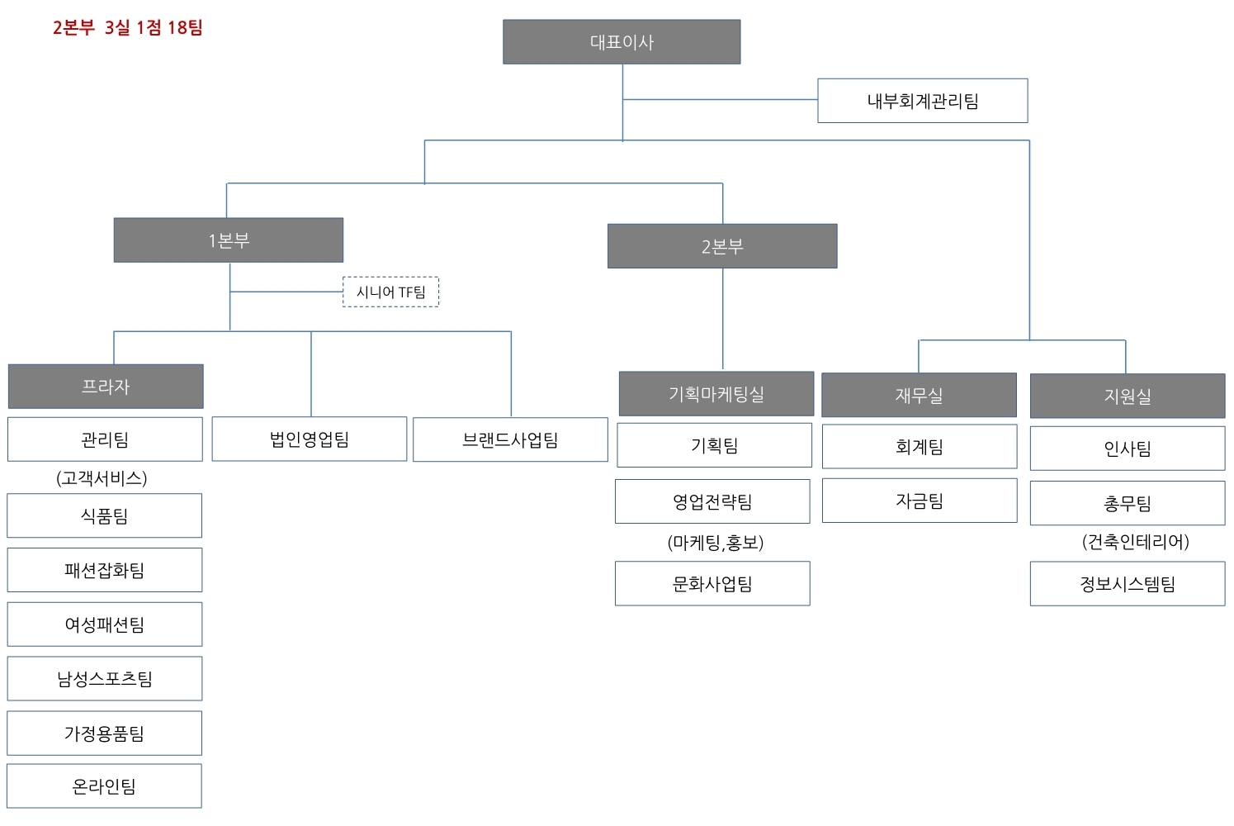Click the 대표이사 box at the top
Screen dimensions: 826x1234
tap(622, 42)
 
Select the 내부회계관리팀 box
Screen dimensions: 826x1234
tap(922, 101)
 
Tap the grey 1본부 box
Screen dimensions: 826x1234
tap(229, 240)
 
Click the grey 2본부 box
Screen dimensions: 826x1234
tap(722, 246)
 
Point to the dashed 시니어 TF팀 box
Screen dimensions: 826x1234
tap(390, 292)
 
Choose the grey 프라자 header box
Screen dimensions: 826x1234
tap(106, 387)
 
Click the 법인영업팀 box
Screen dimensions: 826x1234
tap(310, 439)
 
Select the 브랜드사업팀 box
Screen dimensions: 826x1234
tap(510, 440)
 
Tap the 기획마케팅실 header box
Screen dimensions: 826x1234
tap(716, 394)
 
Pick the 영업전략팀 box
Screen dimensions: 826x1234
tap(712, 501)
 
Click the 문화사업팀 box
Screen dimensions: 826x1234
tap(712, 584)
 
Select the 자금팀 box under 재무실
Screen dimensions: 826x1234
tap(920, 501)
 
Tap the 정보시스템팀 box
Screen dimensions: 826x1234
tap(1128, 584)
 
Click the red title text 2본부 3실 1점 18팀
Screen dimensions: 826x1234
tap(128, 28)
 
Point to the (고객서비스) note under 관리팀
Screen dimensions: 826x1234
tap(102, 478)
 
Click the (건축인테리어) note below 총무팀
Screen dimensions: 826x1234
tap(1136, 542)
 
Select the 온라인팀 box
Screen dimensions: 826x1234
tap(104, 786)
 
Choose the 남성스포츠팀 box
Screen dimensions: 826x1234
tap(104, 679)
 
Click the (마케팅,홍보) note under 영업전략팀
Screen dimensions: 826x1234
tap(716, 543)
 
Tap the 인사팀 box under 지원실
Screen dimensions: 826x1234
tap(1128, 449)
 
